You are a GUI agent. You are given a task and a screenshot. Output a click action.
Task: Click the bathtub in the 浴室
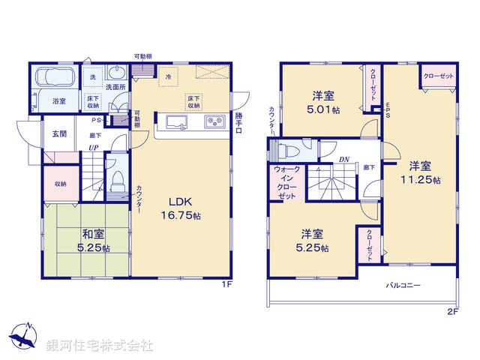click(52, 77)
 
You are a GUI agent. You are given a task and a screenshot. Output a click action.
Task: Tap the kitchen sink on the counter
click(174, 122)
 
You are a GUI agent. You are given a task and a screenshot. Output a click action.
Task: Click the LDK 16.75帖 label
click(183, 208)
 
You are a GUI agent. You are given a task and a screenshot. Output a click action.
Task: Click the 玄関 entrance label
click(60, 133)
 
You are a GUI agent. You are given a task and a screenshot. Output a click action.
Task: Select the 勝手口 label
click(238, 123)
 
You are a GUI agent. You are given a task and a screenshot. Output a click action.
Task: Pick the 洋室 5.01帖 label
click(325, 103)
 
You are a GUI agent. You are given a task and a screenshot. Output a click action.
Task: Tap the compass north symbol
click(22, 336)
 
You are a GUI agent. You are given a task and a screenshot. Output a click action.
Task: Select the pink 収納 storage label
click(60, 184)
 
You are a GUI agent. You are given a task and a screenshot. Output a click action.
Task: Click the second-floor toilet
click(285, 148)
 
